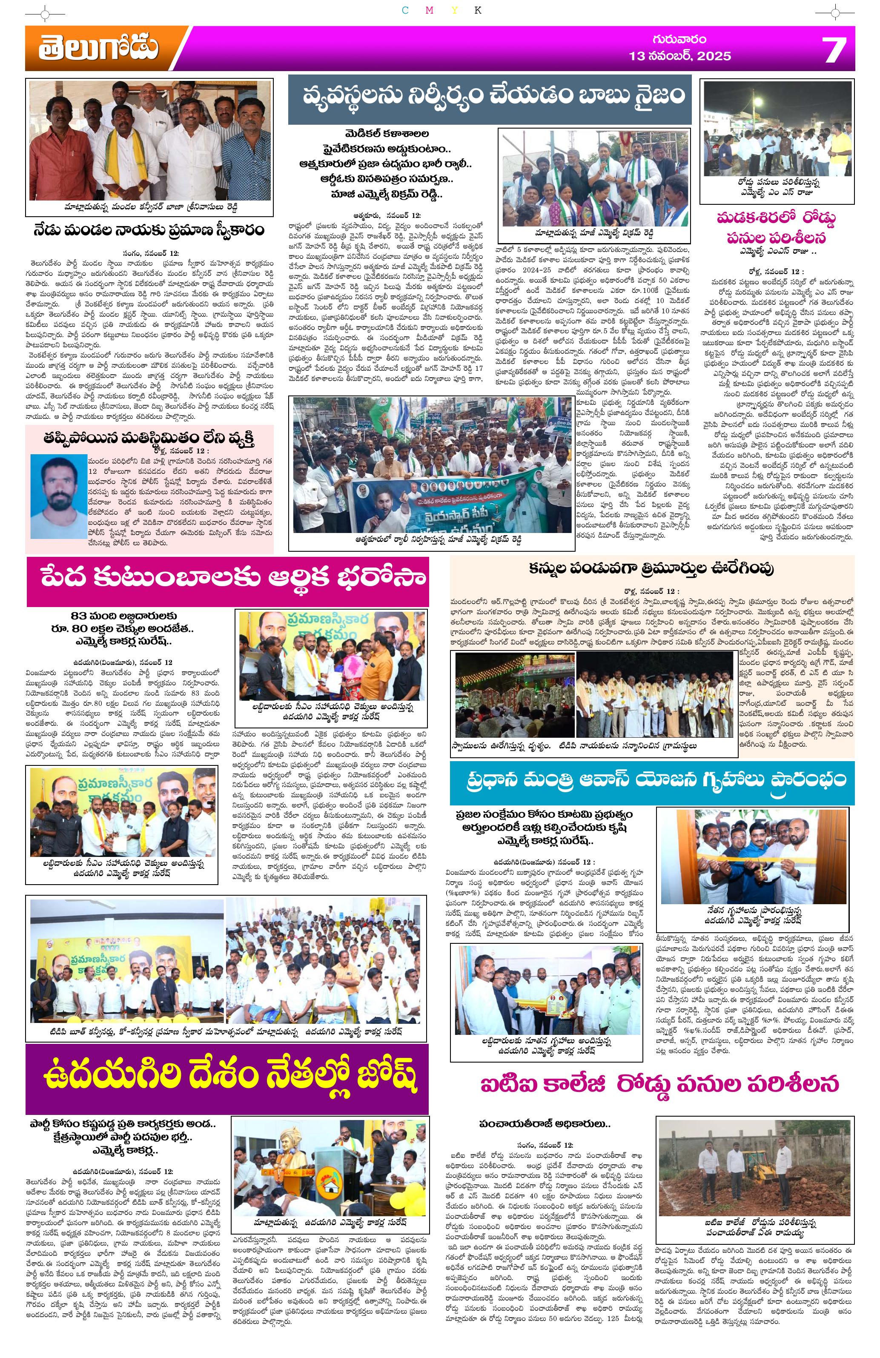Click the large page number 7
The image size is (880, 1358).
(x=833, y=50)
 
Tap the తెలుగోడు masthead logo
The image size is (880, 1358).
(x=99, y=49)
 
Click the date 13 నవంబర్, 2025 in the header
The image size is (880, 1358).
(x=679, y=56)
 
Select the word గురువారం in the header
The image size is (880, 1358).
(x=679, y=39)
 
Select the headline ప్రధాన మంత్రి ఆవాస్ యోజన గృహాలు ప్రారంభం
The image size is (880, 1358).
(x=652, y=779)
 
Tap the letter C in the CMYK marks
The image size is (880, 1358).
(x=404, y=11)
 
